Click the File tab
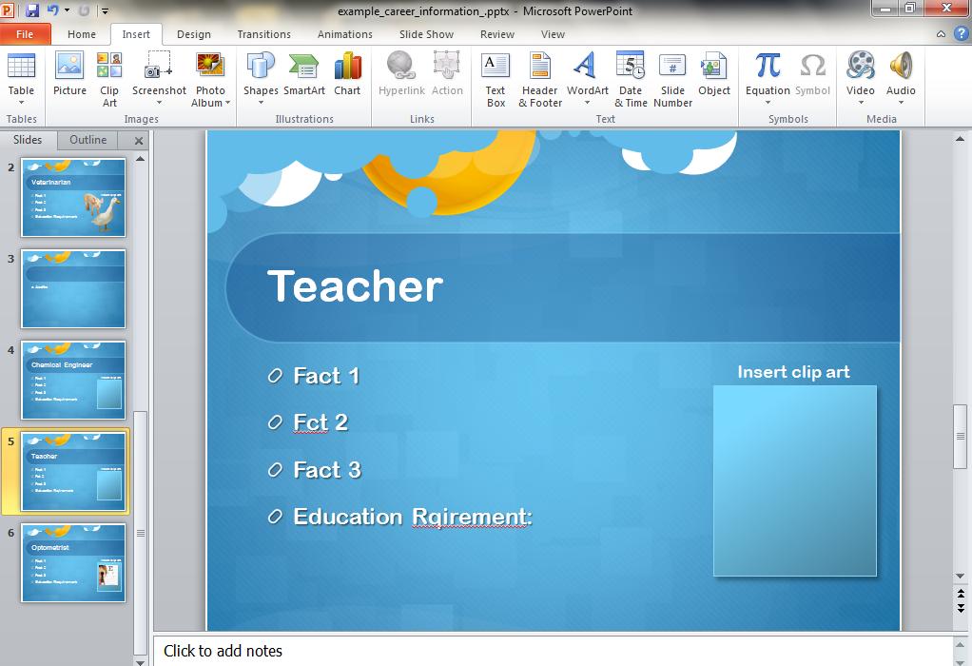tap(25, 34)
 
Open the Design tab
tap(193, 34)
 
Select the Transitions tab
tap(264, 34)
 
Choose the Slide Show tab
tap(426, 34)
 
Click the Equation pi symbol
tap(768, 66)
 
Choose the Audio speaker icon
tap(901, 66)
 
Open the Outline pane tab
tap(87, 140)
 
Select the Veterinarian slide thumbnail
tap(73, 197)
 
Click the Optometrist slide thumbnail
tap(73, 562)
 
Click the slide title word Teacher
tap(355, 286)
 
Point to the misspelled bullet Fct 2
tap(321, 422)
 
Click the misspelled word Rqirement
tap(472, 517)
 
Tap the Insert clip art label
tap(793, 372)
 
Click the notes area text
tap(223, 651)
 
